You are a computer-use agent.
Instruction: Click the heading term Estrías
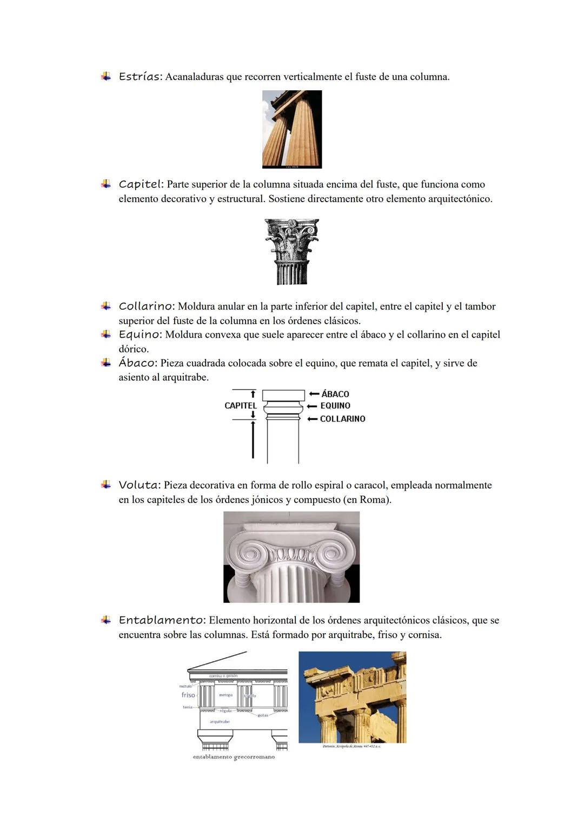pyautogui.click(x=140, y=77)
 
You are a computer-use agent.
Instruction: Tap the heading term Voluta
pyautogui.click(x=139, y=485)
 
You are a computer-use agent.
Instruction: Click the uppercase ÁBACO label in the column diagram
pyautogui.click(x=335, y=394)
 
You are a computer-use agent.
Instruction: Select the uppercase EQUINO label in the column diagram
pyautogui.click(x=335, y=406)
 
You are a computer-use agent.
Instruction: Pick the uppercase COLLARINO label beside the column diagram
pyautogui.click(x=342, y=419)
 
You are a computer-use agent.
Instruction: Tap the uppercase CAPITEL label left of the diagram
pyautogui.click(x=241, y=406)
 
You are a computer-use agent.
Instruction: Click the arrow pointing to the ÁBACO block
pyautogui.click(x=314, y=394)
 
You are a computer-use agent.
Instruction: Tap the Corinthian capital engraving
pyautogui.click(x=292, y=251)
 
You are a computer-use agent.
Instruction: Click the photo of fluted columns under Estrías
pyautogui.click(x=292, y=129)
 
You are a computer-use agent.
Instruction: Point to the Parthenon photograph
pyautogui.click(x=352, y=697)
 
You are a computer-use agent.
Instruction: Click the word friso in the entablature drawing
pyautogui.click(x=188, y=695)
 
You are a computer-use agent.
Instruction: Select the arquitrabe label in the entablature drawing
pyautogui.click(x=220, y=722)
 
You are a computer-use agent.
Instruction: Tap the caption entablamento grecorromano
pyautogui.click(x=234, y=757)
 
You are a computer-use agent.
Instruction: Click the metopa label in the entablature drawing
pyautogui.click(x=225, y=695)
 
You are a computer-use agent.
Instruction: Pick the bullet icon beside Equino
pyautogui.click(x=106, y=334)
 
